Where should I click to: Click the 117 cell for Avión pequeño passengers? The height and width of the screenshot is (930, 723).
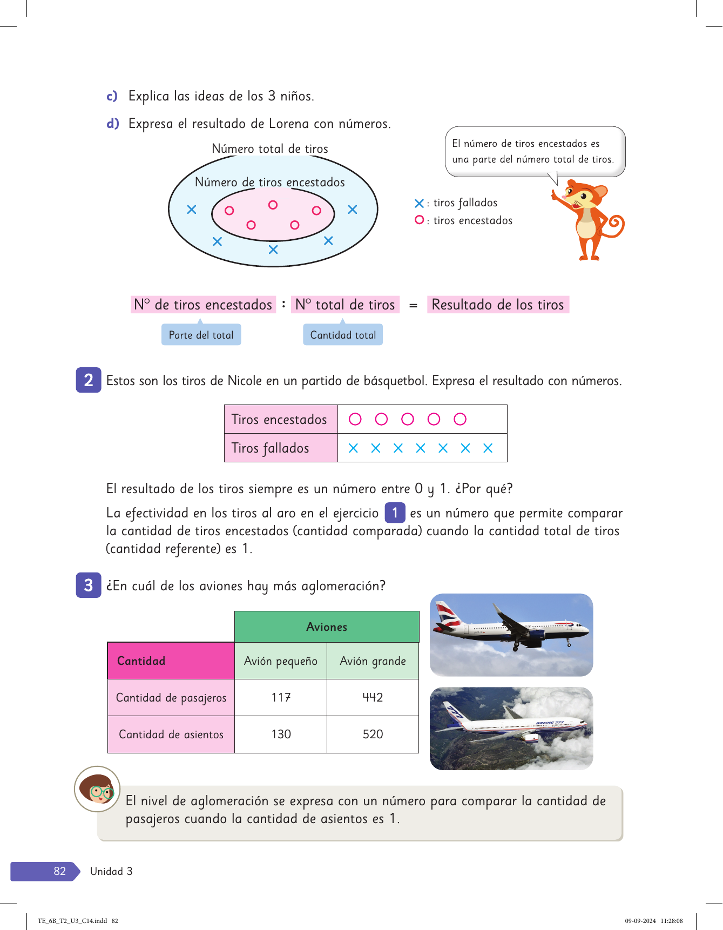[281, 697]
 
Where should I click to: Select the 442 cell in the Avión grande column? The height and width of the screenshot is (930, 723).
[373, 697]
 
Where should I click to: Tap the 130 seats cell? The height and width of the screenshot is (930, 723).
[281, 734]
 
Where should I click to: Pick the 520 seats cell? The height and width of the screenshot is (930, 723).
[373, 734]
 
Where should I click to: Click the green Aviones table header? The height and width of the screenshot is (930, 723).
[327, 626]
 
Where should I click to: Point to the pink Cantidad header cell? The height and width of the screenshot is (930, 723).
[171, 661]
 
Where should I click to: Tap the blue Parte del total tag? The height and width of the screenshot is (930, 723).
[201, 335]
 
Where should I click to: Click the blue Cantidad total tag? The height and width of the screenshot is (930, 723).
[343, 335]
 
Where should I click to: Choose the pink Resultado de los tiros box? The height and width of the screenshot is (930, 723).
[498, 305]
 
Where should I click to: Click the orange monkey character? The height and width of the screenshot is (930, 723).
[589, 219]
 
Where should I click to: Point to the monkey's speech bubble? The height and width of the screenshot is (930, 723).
[535, 152]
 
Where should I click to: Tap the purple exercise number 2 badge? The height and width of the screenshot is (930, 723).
[89, 380]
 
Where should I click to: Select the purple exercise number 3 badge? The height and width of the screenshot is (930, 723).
[89, 585]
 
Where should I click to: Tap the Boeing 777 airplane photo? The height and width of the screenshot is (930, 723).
[511, 728]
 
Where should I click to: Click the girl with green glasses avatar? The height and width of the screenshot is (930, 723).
[97, 789]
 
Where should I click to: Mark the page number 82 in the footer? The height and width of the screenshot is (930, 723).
[59, 871]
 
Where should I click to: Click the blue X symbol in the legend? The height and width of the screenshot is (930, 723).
[419, 204]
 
